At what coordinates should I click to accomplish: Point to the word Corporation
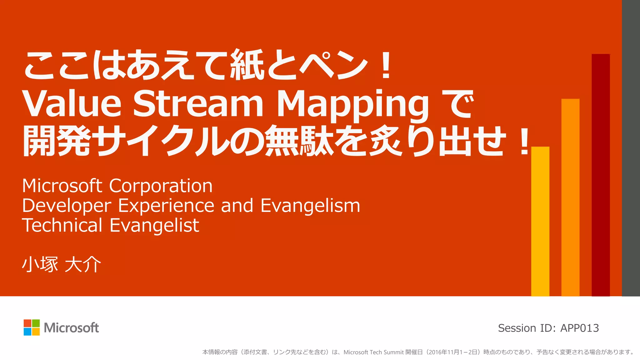pyautogui.click(x=161, y=186)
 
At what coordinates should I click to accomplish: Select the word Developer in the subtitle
pyautogui.click(x=67, y=206)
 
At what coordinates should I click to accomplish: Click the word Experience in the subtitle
pyautogui.click(x=166, y=206)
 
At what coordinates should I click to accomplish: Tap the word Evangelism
pyautogui.click(x=310, y=206)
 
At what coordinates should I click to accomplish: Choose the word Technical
pyautogui.click(x=62, y=225)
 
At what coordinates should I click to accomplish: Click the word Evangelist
pyautogui.click(x=154, y=226)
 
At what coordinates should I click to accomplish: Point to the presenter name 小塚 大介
pyautogui.click(x=62, y=264)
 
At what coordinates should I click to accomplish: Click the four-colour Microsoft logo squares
pyautogui.click(x=32, y=327)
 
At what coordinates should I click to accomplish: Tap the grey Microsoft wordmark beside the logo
pyautogui.click(x=71, y=328)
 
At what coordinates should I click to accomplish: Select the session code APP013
pyautogui.click(x=580, y=328)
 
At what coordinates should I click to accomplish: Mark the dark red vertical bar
pyautogui.click(x=601, y=175)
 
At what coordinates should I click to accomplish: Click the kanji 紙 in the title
pyautogui.click(x=247, y=65)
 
